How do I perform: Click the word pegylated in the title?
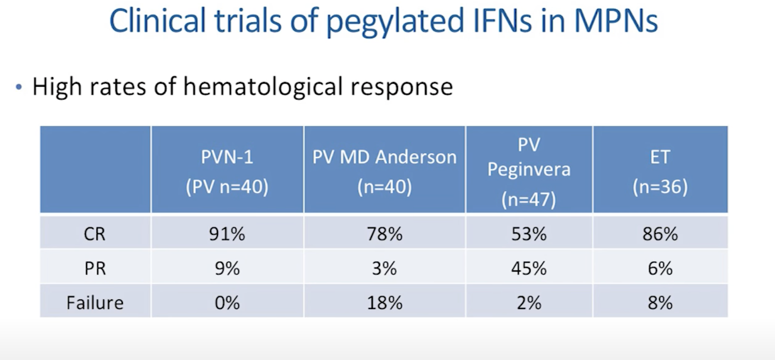(395, 22)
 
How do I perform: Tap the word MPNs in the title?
(616, 21)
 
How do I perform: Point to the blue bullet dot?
(19, 87)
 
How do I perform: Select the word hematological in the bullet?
(263, 87)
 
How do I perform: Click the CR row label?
(94, 234)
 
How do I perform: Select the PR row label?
(95, 269)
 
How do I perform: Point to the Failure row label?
(95, 303)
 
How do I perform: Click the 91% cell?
(227, 234)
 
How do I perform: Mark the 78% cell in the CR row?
(385, 234)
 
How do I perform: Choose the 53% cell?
(529, 234)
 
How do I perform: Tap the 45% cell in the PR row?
(529, 269)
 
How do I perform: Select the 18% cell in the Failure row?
(385, 303)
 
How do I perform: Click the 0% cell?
(227, 303)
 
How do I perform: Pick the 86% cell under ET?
(660, 234)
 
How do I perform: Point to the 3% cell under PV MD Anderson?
(385, 269)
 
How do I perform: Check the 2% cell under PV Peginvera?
(529, 303)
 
